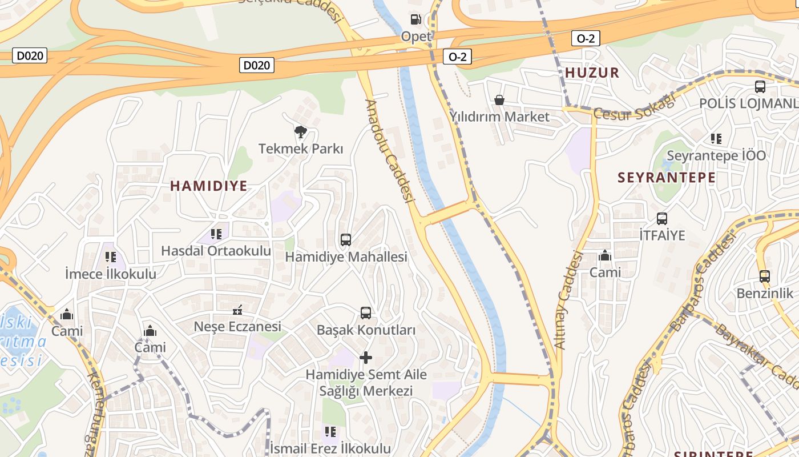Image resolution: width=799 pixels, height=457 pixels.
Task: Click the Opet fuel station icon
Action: point(416,19)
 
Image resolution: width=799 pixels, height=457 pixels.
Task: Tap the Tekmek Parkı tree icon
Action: point(301,133)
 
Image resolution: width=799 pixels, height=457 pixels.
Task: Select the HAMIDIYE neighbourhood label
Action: point(209,186)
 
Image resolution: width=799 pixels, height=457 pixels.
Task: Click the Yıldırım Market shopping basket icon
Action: point(499,101)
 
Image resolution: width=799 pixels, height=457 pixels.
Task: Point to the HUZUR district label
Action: point(592,73)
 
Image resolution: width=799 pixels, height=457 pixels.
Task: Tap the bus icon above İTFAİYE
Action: point(662,218)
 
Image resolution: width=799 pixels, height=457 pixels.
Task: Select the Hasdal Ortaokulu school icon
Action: point(216,234)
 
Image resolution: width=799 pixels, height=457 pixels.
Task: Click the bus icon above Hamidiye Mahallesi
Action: point(346,240)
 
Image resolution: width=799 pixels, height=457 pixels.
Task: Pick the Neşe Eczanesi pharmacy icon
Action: point(237,310)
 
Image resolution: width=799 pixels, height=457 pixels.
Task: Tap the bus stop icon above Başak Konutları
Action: point(366,313)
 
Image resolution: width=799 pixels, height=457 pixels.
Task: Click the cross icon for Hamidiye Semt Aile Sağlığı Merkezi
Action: point(366,358)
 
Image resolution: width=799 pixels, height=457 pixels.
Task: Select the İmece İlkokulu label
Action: point(111,274)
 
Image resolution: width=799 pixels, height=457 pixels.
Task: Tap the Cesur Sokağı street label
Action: point(634,107)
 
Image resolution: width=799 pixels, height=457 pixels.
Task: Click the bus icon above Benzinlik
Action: point(765,276)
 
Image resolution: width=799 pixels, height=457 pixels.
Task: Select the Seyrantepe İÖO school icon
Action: point(716,139)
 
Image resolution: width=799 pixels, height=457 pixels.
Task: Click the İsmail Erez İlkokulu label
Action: point(330,448)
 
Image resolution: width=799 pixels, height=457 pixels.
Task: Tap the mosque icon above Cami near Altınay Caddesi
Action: point(605,255)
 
